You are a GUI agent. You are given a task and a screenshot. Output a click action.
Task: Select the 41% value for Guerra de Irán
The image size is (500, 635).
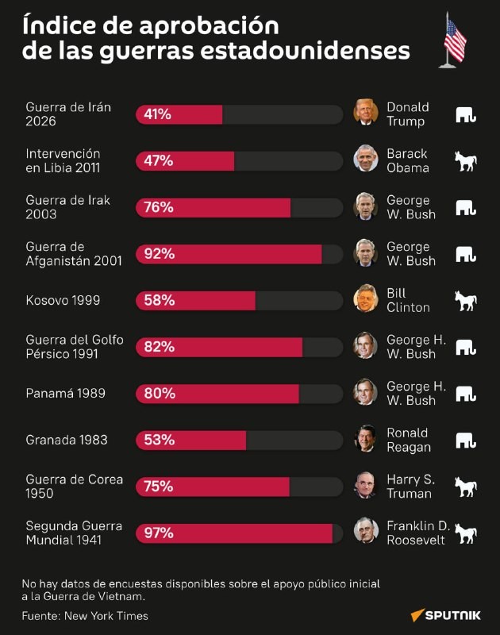[158, 114]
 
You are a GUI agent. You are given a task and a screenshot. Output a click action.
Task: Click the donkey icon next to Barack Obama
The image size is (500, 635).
[465, 161]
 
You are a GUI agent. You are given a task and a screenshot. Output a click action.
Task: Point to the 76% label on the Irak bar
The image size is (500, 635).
[158, 207]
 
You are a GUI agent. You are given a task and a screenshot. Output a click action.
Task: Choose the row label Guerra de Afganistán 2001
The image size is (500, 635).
[74, 253]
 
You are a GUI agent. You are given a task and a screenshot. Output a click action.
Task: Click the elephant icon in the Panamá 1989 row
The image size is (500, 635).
[465, 393]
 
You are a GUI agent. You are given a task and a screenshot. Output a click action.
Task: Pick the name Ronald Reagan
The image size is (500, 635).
[409, 440]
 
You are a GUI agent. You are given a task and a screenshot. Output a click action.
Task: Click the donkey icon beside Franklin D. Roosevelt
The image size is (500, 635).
[465, 533]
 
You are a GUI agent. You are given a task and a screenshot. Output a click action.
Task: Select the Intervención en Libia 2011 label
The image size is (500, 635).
[63, 160]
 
